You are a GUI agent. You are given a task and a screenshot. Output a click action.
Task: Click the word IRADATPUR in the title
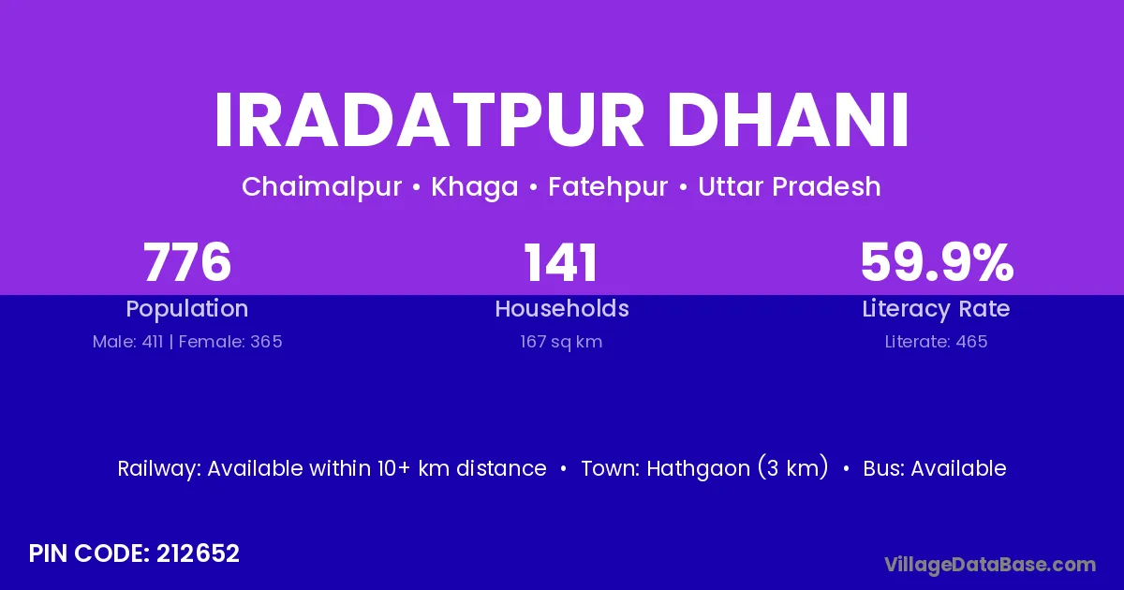pos(429,121)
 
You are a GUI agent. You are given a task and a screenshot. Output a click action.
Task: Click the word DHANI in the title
pos(788,121)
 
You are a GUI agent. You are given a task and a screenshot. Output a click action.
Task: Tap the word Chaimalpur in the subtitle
pos(321,186)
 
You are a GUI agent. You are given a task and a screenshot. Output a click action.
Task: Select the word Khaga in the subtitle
pos(475,187)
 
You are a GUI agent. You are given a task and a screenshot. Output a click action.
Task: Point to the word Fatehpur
pos(608,187)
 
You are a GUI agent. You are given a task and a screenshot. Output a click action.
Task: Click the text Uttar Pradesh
pos(790,186)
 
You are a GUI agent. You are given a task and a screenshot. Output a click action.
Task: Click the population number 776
pos(187,262)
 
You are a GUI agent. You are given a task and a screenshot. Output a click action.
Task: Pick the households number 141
pos(561,262)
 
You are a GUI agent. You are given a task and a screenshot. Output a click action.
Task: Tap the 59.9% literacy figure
pos(937,262)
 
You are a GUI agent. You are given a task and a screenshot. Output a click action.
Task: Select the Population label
pos(187,309)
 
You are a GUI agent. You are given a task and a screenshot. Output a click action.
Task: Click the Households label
pos(562,308)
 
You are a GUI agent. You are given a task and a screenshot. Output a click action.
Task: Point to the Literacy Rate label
pos(937,309)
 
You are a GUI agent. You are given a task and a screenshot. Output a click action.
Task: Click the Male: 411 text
pos(128,342)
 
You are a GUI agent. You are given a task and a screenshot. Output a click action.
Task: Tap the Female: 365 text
pos(230,342)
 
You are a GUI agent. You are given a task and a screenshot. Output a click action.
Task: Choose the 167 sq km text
pos(561,342)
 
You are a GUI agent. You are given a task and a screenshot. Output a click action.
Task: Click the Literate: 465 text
pos(937,342)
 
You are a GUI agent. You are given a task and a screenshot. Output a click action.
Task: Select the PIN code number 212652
pos(198,553)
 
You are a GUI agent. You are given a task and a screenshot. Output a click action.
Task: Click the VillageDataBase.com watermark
pos(990,565)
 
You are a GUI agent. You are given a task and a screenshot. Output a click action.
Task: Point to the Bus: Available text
pos(935,468)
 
